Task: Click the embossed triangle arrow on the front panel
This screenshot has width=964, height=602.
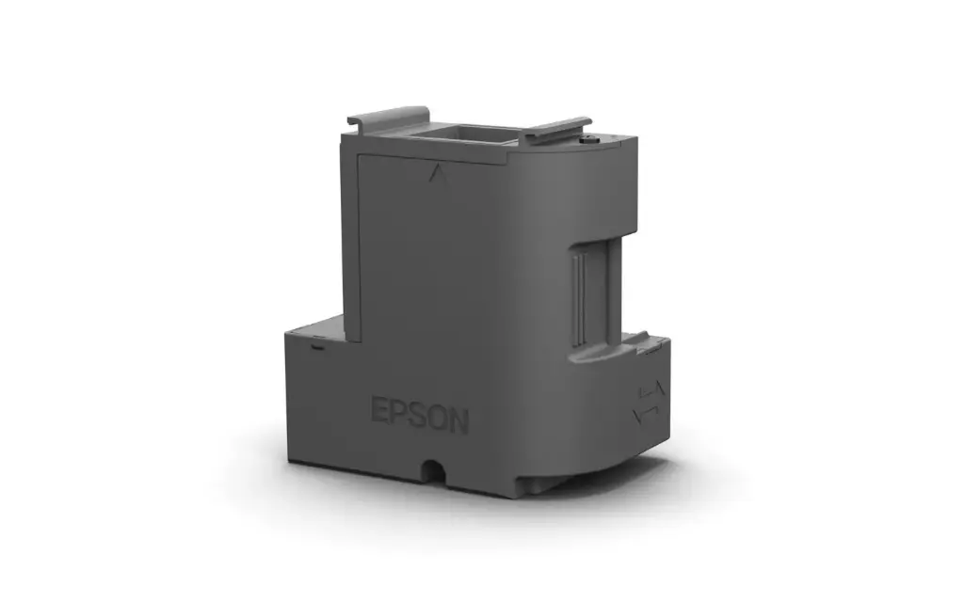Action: click(x=434, y=173)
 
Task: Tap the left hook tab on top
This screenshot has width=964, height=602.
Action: click(x=387, y=117)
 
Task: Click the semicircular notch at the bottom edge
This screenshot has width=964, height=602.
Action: click(x=434, y=467)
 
